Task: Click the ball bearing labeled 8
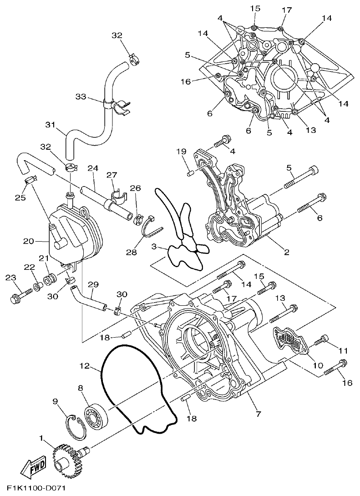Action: pos(96,415)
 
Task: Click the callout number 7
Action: pos(258,414)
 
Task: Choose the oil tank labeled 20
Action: pos(73,234)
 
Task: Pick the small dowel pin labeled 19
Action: pos(191,172)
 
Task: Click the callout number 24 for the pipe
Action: pos(92,168)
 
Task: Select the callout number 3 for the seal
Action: pos(155,247)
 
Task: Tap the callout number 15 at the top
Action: pos(254,9)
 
